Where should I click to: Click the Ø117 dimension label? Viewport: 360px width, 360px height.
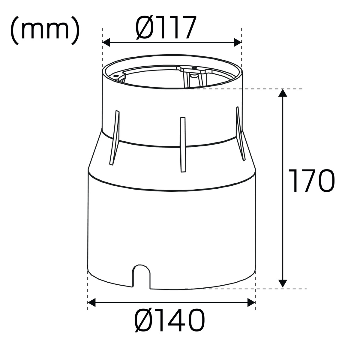[166, 28]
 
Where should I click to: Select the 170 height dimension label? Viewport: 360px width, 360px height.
[311, 181]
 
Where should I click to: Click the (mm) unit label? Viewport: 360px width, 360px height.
[45, 30]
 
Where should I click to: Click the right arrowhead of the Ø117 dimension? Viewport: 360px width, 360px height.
[238, 43]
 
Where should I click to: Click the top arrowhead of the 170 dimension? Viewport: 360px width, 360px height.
[283, 93]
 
